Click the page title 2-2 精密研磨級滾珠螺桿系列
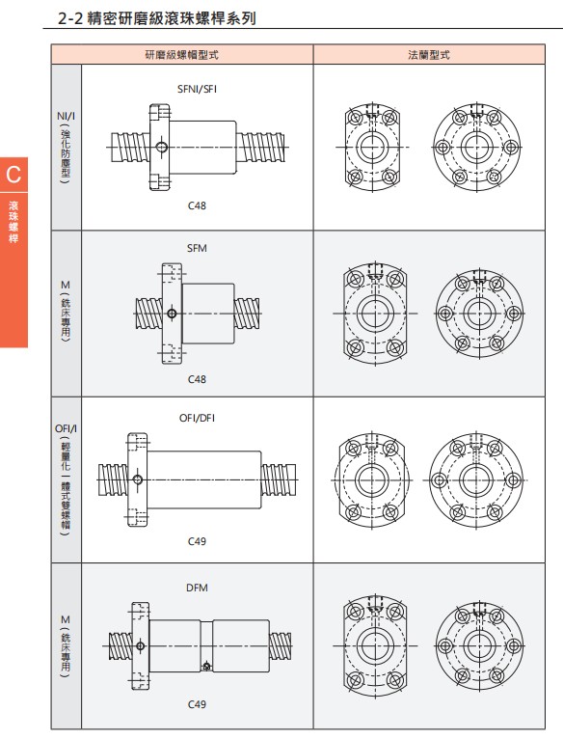coord(157,18)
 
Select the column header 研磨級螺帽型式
coord(182,55)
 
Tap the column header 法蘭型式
coord(429,55)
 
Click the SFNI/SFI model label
coord(197,89)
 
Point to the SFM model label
coord(197,248)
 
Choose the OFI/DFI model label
coord(197,418)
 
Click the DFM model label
coord(197,588)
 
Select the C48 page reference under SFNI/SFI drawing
coord(197,205)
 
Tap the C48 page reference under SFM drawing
coord(197,379)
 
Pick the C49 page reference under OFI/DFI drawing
coord(197,541)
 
